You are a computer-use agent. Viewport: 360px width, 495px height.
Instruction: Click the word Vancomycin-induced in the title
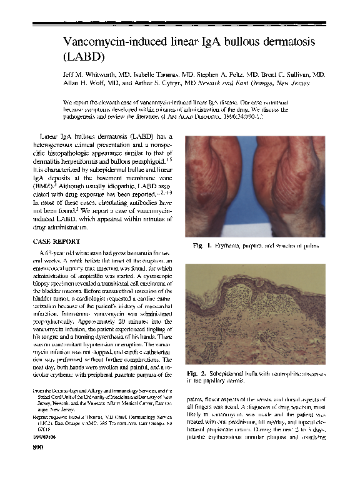(x=117, y=42)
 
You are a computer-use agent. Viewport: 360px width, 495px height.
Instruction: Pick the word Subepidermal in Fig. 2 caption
(x=232, y=374)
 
